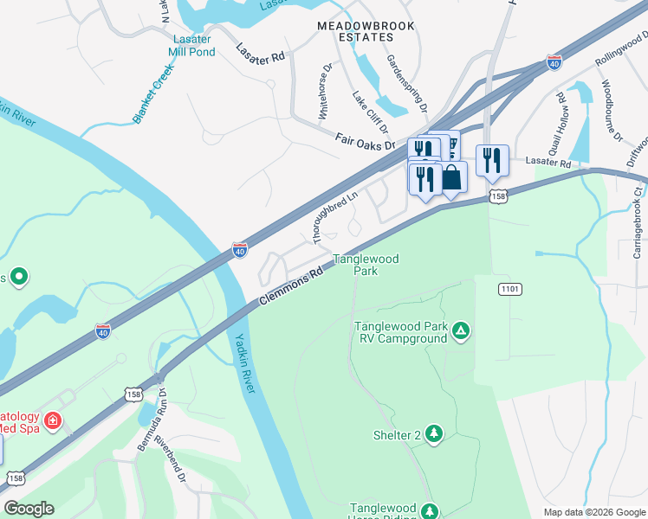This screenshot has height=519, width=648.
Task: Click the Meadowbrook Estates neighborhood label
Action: click(x=365, y=33)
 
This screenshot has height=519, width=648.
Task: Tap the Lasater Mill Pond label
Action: click(x=192, y=45)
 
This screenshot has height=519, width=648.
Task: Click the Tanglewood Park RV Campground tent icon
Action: click(x=462, y=330)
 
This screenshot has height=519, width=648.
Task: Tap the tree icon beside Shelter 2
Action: click(x=434, y=434)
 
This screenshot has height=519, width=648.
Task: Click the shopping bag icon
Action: click(x=451, y=178)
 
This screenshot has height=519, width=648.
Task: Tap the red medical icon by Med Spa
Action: click(x=53, y=420)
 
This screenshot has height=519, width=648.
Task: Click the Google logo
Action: click(x=29, y=509)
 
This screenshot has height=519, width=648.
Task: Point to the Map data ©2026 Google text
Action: click(x=593, y=511)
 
